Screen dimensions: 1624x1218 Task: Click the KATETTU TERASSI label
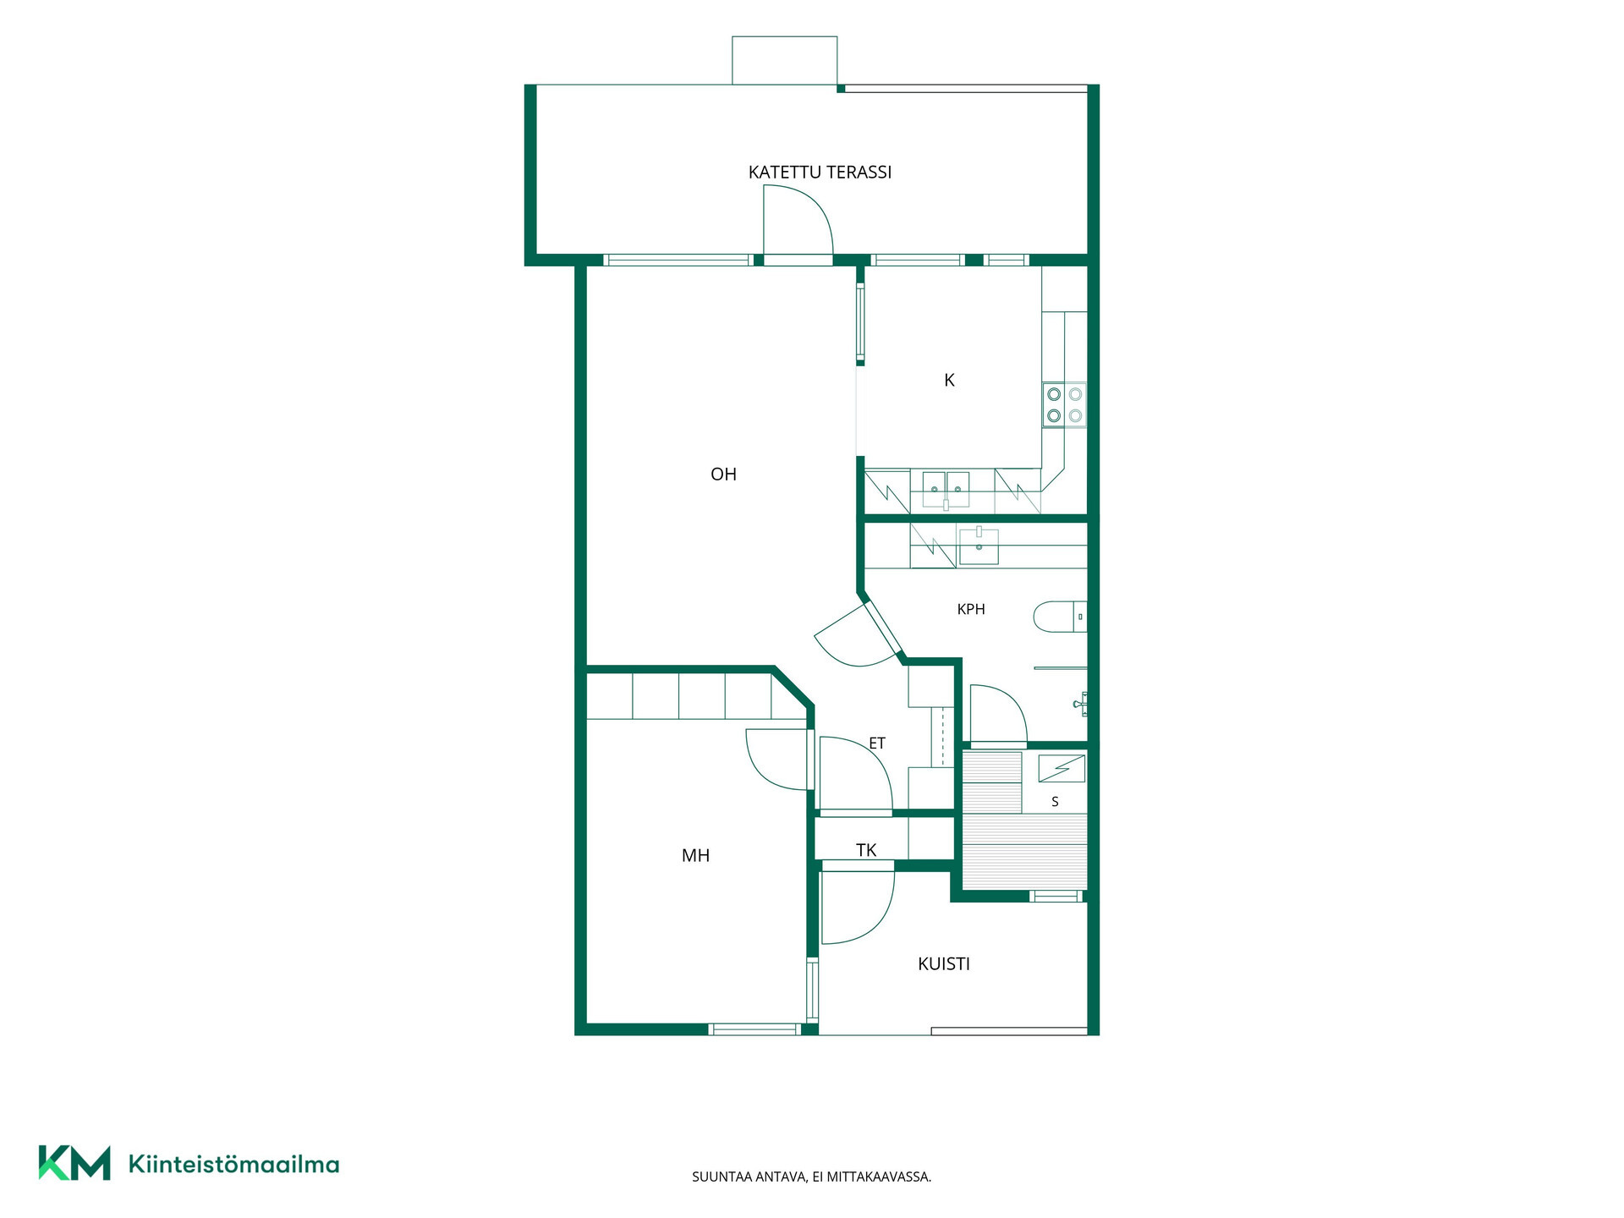coord(820,173)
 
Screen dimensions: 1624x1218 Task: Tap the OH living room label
coord(723,475)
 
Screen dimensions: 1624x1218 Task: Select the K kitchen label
coord(949,381)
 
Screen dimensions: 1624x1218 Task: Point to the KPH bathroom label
coord(971,609)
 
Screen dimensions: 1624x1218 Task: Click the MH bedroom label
coord(695,856)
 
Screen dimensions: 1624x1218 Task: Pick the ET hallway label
coord(877,743)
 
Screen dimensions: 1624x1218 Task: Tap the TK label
coord(866,850)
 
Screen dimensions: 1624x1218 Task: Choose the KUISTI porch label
coord(944,964)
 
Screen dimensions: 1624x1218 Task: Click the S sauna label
coord(1055,802)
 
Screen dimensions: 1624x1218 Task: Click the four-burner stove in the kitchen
coord(1064,405)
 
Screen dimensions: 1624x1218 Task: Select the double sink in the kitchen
coord(946,490)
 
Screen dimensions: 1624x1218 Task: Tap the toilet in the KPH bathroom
coord(1060,617)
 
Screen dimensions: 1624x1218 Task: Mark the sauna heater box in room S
coord(1062,768)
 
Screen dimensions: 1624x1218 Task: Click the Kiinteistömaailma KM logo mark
coord(74,1163)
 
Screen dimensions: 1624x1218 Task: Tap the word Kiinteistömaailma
coord(233,1165)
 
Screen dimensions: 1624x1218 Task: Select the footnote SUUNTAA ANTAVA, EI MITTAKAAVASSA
coord(811,1177)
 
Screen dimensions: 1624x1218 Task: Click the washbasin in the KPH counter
coord(979,546)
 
